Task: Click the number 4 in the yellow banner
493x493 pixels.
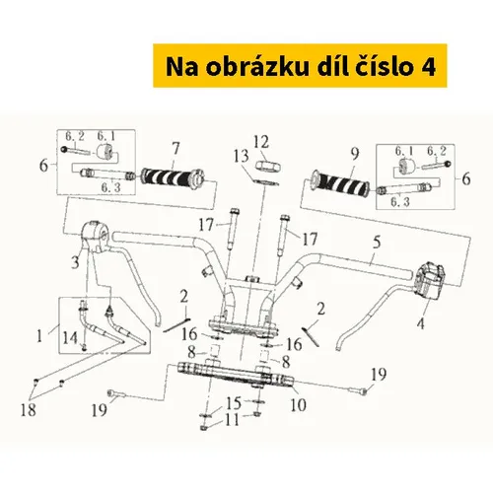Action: tap(428, 67)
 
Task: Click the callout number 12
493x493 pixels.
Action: tap(261, 142)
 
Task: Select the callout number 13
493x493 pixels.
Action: tap(241, 157)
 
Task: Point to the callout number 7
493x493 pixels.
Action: tap(176, 149)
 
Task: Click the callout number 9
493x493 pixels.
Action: tap(355, 154)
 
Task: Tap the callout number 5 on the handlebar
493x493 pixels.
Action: tap(377, 243)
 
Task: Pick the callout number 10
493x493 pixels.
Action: tap(298, 404)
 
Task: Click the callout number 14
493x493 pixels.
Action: tap(70, 338)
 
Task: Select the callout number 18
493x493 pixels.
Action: tap(29, 410)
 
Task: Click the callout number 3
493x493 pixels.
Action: tap(75, 262)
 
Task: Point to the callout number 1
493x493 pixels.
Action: tap(39, 336)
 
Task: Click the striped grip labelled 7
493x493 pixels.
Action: tap(173, 176)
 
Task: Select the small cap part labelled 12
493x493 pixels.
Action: tap(268, 166)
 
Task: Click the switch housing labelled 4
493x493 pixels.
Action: tap(429, 279)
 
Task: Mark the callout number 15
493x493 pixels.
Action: tap(234, 402)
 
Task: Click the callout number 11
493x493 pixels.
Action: tap(232, 419)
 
